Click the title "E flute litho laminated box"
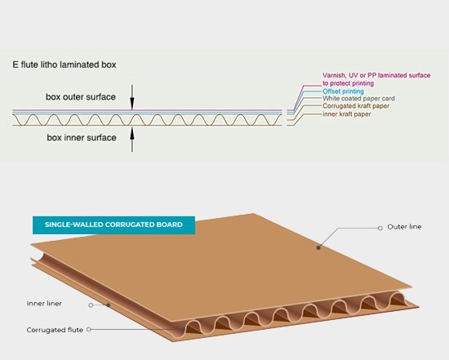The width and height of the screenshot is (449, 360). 64,64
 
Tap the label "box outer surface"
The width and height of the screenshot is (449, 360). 81,97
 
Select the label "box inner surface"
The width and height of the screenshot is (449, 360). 82,138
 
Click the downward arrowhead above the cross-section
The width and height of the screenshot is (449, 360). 132,104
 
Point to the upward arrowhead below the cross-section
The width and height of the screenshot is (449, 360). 132,133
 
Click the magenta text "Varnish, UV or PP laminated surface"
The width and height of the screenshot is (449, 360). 376,75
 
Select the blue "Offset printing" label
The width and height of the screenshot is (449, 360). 343,91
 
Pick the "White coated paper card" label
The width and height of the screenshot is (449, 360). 358,99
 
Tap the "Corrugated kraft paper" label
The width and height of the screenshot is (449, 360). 356,106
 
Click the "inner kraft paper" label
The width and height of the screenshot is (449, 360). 347,114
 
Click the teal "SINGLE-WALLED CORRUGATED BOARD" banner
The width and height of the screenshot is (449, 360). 113,225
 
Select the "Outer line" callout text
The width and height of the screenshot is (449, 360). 404,227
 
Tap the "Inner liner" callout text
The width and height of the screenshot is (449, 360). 44,304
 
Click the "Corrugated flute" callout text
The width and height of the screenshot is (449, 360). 55,330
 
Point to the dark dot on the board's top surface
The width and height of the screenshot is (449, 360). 318,247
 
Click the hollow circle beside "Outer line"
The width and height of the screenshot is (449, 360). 380,228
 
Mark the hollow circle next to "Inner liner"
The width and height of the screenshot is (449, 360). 91,305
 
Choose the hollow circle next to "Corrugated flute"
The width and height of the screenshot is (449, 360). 89,330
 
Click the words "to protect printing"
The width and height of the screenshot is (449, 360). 349,83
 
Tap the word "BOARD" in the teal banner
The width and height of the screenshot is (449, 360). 169,224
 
